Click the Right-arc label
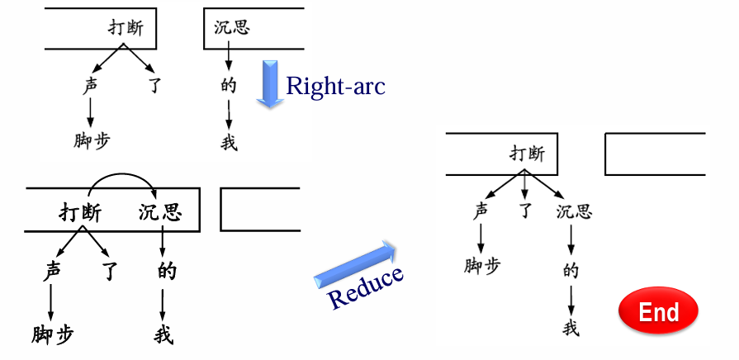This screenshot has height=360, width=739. (x=335, y=86)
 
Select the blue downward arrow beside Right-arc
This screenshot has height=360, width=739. (x=269, y=83)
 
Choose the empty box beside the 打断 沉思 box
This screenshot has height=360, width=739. (x=259, y=209)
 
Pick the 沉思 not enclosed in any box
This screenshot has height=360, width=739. (x=573, y=212)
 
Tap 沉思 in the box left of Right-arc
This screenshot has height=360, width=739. (x=231, y=27)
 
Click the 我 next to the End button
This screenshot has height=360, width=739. (x=571, y=328)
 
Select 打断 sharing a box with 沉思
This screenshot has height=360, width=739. (x=80, y=213)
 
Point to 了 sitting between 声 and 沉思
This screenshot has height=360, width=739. (x=524, y=212)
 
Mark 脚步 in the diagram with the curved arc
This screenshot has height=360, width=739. (x=53, y=334)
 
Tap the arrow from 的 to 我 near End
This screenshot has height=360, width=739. (x=571, y=298)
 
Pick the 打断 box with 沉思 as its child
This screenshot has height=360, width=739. (x=502, y=153)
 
